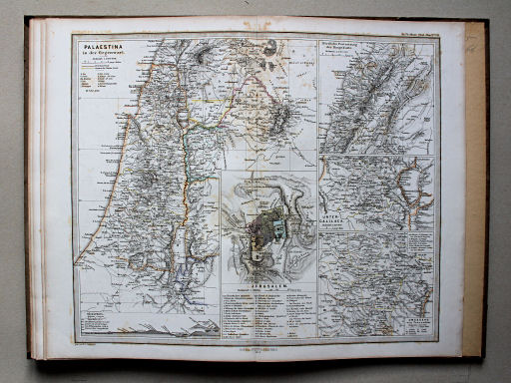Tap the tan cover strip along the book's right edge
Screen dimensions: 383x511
click(x=476, y=190)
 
